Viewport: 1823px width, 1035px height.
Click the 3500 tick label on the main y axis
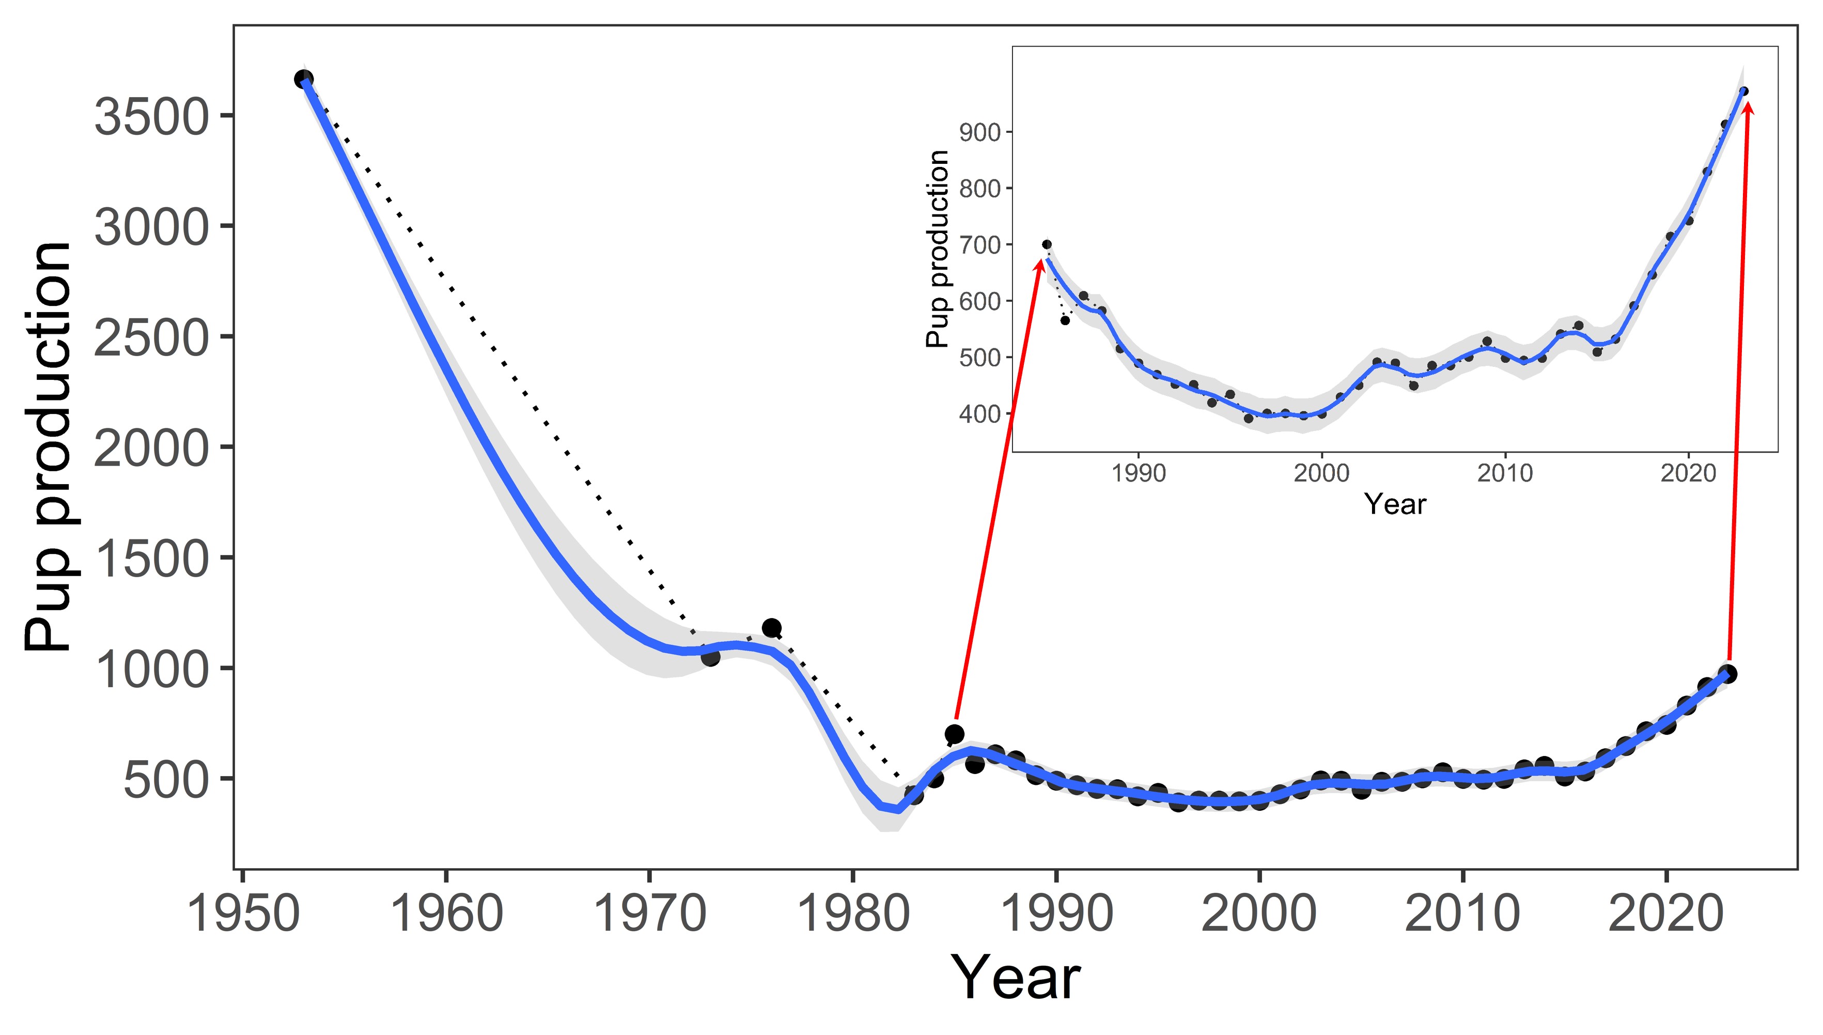(x=151, y=117)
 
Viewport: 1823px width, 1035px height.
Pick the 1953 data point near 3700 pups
(x=303, y=79)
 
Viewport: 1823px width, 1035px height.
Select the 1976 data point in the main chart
(x=772, y=628)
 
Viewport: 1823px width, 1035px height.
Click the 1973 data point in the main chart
(x=710, y=658)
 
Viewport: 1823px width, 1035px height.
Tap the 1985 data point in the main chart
(x=954, y=734)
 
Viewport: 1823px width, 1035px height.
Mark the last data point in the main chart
(x=1729, y=673)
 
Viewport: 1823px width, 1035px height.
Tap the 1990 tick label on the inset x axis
(x=1139, y=473)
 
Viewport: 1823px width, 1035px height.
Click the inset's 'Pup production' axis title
(x=938, y=249)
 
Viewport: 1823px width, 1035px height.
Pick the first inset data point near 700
(x=1047, y=244)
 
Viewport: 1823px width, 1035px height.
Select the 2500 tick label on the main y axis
(x=151, y=338)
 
